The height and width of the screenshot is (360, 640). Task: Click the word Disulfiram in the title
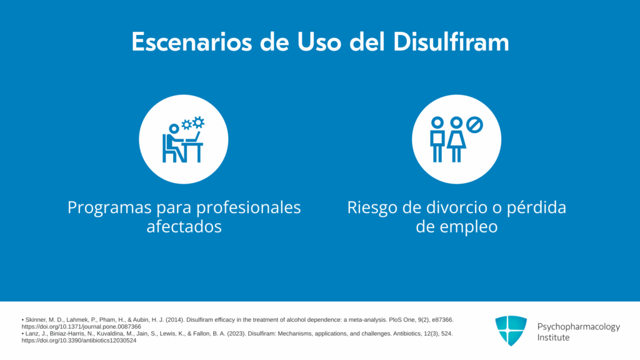click(451, 42)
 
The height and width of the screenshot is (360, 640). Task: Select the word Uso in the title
click(319, 42)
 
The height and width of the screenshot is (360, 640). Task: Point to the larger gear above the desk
click(198, 122)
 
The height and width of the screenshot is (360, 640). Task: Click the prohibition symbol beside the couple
click(475, 125)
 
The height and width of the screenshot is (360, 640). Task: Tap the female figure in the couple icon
click(456, 139)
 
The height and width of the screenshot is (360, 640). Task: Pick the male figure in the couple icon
click(437, 139)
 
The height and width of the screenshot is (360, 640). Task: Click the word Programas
click(110, 207)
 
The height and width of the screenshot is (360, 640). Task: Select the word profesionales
click(241, 207)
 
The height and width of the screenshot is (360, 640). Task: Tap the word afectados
click(184, 226)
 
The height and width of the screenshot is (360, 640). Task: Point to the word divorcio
click(457, 207)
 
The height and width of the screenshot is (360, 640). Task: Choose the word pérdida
click(536, 207)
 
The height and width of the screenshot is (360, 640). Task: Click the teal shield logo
click(511, 331)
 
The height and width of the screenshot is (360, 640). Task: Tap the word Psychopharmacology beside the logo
click(578, 327)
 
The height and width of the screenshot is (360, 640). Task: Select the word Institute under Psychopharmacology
click(553, 337)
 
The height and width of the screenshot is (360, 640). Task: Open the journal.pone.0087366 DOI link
click(81, 326)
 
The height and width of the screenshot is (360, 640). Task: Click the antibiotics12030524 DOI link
click(79, 341)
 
